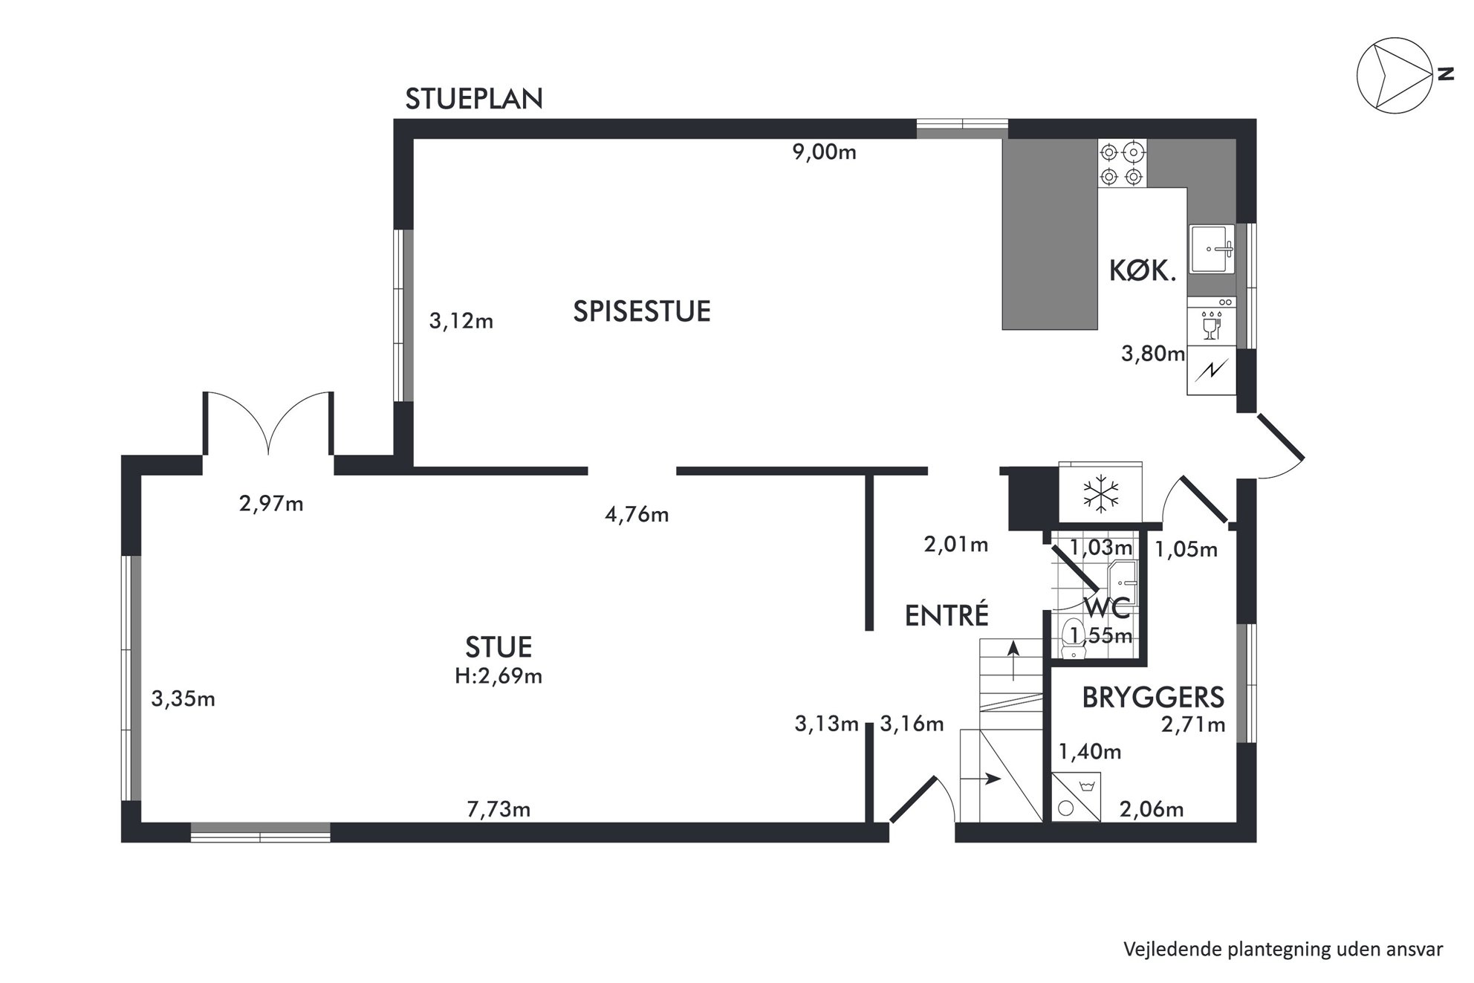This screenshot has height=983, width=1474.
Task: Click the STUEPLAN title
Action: [x=474, y=99]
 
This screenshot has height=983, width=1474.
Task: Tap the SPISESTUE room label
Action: [x=642, y=311]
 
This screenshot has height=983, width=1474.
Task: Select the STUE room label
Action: [x=499, y=647]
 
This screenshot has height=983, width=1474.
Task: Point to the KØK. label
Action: [x=1143, y=271]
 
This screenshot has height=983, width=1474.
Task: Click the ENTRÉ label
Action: [x=947, y=615]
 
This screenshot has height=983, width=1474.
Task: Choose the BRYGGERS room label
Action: [x=1153, y=698]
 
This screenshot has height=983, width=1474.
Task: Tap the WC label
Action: [x=1108, y=608]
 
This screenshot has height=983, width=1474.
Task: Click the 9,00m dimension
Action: [x=825, y=152]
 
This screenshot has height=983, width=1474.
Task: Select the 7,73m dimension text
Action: [x=499, y=809]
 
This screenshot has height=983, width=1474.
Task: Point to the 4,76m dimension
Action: [x=637, y=514]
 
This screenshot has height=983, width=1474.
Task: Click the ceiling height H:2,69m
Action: [x=499, y=676]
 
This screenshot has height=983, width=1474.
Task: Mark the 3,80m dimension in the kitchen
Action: [x=1153, y=354]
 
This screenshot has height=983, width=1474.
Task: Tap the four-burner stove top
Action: [x=1122, y=163]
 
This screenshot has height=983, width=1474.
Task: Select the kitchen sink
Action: [x=1212, y=250]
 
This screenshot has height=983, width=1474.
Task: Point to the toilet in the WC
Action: [x=1074, y=639]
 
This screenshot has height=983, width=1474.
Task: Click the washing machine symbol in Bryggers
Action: [x=1077, y=797]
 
